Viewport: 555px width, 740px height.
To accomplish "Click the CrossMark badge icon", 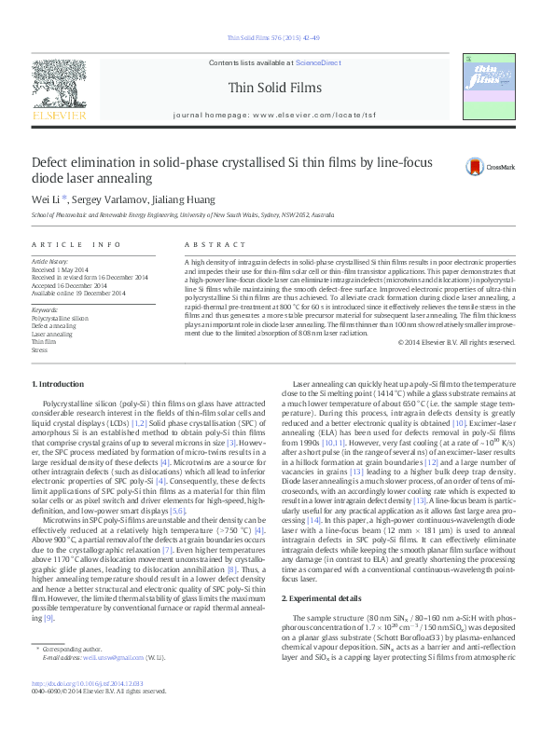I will tap(476, 167).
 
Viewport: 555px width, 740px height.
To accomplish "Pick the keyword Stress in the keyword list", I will tap(39, 349).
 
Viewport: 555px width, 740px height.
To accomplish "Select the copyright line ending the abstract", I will tap(456, 342).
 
